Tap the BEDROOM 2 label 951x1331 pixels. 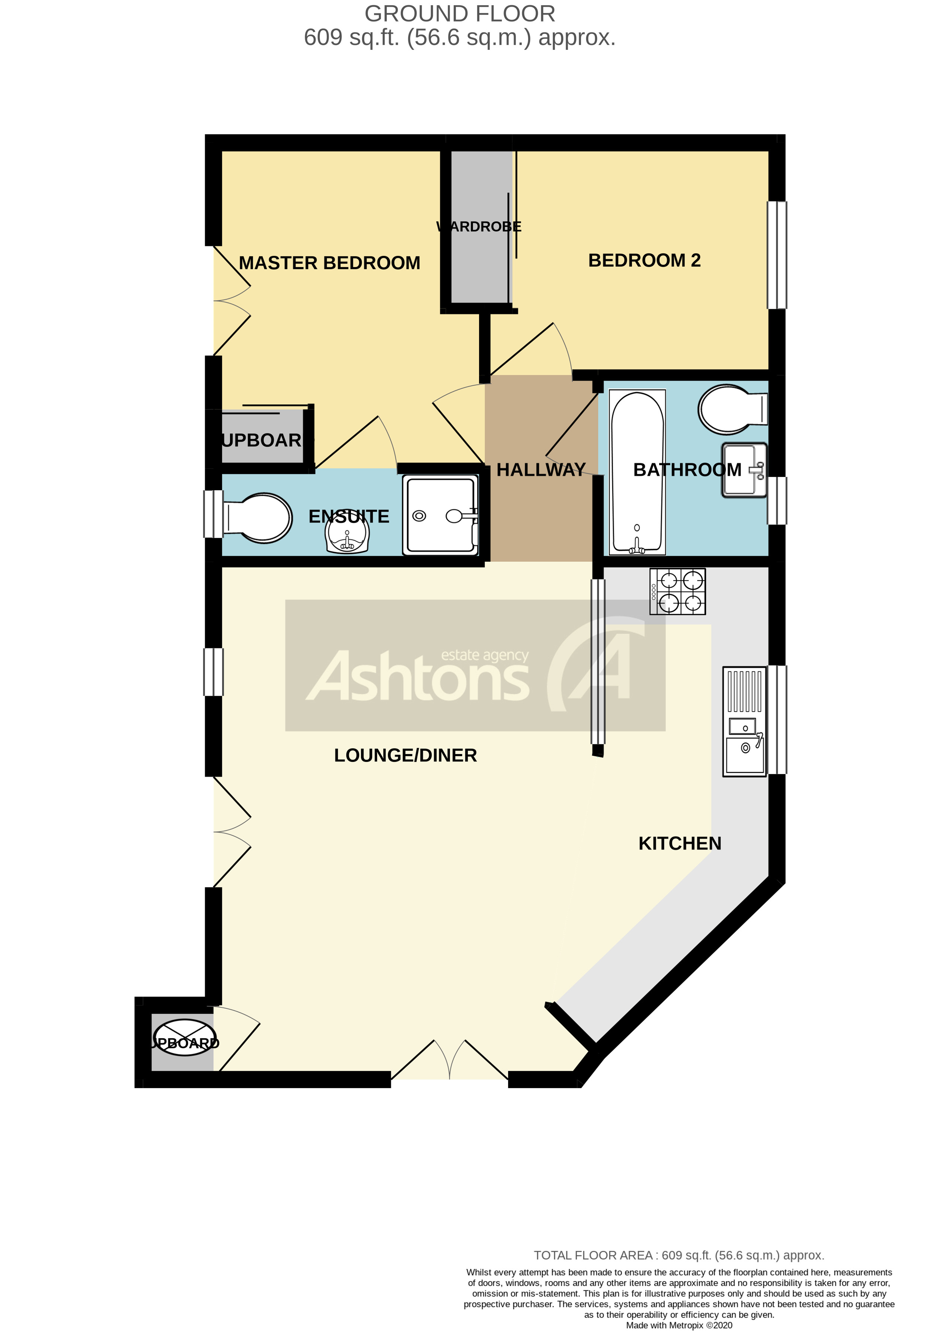pyautogui.click(x=644, y=260)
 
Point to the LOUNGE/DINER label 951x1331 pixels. pyautogui.click(x=405, y=755)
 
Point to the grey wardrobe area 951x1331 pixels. pyautogui.click(x=480, y=228)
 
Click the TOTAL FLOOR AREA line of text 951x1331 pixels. pyautogui.click(x=679, y=1255)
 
